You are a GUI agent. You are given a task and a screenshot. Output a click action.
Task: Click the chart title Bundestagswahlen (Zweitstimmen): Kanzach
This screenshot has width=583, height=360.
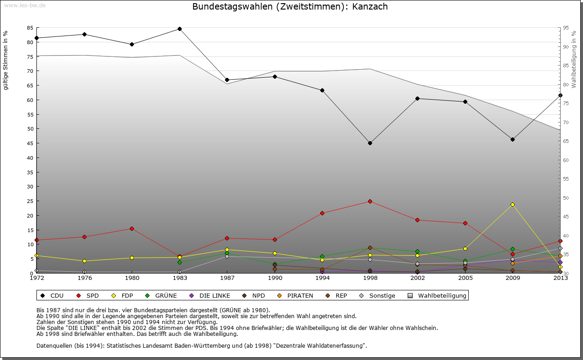tap(290, 7)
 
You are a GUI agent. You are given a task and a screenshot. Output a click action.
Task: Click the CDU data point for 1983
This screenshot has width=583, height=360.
tap(179, 29)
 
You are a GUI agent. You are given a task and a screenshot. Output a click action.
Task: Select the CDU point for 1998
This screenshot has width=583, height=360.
tap(370, 143)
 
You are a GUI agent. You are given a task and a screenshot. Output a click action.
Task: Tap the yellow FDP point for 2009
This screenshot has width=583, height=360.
tap(512, 204)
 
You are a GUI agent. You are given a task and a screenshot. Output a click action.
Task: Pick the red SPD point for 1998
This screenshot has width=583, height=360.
tap(370, 201)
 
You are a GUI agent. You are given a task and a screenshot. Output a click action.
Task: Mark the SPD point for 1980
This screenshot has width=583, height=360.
tap(132, 228)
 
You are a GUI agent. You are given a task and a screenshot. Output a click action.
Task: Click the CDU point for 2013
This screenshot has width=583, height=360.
tap(560, 95)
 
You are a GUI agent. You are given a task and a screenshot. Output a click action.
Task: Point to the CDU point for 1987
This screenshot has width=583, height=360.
tap(227, 80)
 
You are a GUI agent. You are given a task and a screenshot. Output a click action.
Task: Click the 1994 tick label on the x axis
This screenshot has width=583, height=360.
tap(322, 278)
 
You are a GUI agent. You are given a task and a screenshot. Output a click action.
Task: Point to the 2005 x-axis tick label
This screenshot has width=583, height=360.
tap(465, 278)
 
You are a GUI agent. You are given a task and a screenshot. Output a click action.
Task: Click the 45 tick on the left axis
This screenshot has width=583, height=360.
tap(30, 143)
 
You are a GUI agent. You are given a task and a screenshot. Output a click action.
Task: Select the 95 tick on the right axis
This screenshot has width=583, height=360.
tap(566, 28)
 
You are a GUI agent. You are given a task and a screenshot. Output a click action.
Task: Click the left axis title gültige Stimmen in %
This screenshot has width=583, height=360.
tap(6, 60)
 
